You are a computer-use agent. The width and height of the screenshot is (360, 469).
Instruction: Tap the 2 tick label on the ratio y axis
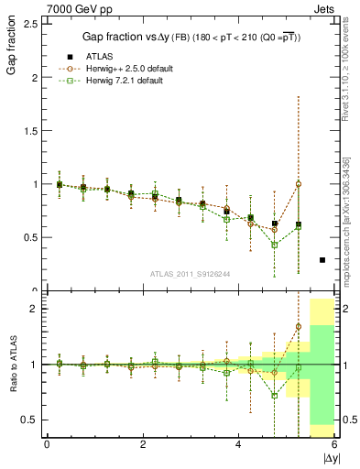click(x=32, y=309)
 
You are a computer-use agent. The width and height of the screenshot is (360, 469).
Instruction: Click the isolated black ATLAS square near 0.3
click(x=322, y=260)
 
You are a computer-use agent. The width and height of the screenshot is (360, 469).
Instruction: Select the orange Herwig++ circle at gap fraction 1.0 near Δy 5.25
click(x=298, y=183)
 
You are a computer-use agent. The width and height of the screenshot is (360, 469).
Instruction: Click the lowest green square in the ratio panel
click(x=274, y=396)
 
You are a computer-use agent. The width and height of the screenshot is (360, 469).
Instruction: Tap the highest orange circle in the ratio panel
click(x=298, y=326)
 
